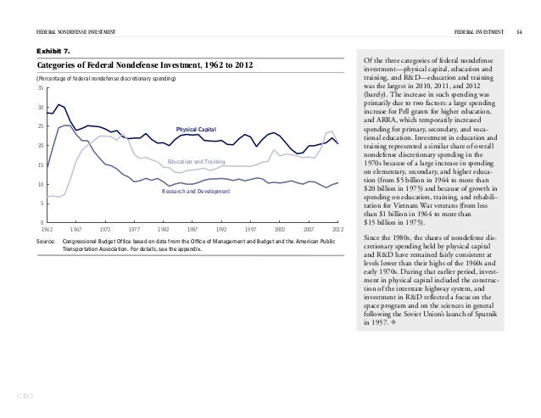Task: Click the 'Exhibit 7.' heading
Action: tap(53, 50)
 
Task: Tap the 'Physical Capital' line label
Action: tap(197, 128)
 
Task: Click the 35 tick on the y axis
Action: tap(40, 88)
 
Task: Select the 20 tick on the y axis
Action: tap(40, 146)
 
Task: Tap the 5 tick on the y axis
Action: tap(42, 203)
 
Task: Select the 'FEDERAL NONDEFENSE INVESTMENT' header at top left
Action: tap(75, 31)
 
